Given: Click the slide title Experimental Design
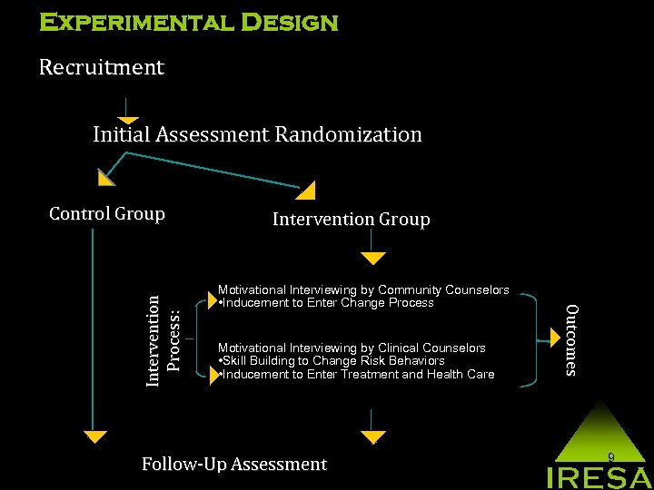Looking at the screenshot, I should coord(188,22).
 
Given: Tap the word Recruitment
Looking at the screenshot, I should coord(101,67).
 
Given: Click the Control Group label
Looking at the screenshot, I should coord(107,214).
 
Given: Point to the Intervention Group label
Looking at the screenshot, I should coord(351,220).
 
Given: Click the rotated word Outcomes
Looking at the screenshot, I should coord(570,339).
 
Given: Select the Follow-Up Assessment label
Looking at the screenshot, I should coord(233,465).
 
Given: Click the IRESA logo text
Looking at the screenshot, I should coord(598,477).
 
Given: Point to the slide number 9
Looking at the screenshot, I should coord(611,457).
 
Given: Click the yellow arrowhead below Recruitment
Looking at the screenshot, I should coord(127,119).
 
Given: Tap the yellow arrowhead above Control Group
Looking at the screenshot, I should coord(106,177).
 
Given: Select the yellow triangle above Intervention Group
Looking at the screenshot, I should coord(306,191).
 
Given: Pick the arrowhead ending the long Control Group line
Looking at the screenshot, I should coord(92,437).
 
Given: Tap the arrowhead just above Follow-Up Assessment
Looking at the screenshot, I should coord(372,438).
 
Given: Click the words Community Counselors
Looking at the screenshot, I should coord(444,290).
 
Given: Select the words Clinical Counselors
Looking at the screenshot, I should coord(432,348).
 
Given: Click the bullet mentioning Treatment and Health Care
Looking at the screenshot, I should coord(357,374).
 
